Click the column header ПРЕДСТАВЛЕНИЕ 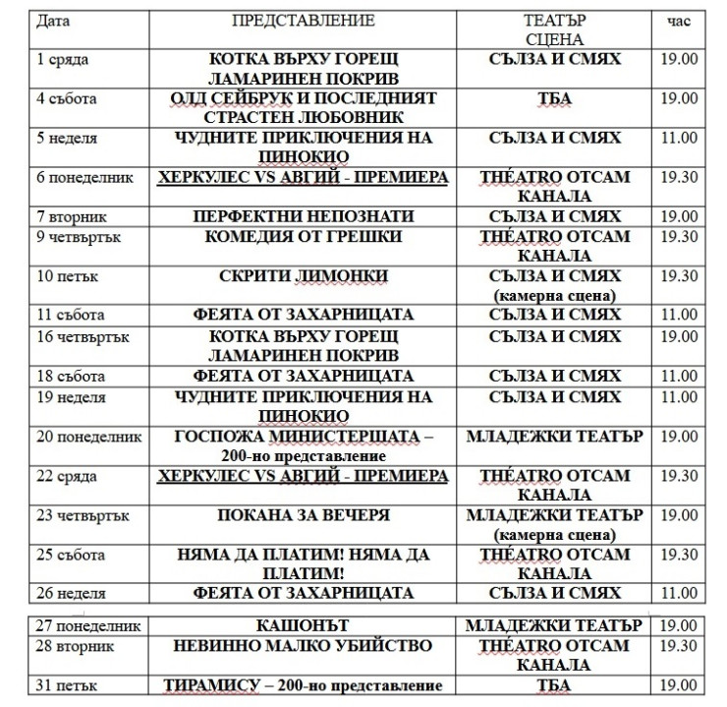click(303, 21)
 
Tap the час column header click(679, 21)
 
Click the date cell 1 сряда click(63, 60)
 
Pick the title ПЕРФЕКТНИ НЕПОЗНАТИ click(303, 215)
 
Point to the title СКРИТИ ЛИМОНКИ click(303, 275)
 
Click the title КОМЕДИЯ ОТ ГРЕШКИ click(303, 236)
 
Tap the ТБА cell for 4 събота click(555, 99)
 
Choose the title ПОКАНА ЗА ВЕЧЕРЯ click(303, 514)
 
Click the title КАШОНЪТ click(303, 625)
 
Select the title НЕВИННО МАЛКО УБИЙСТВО click(303, 646)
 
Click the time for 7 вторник click(678, 215)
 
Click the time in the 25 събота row click(678, 554)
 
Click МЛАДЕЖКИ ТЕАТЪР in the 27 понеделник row click(555, 625)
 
